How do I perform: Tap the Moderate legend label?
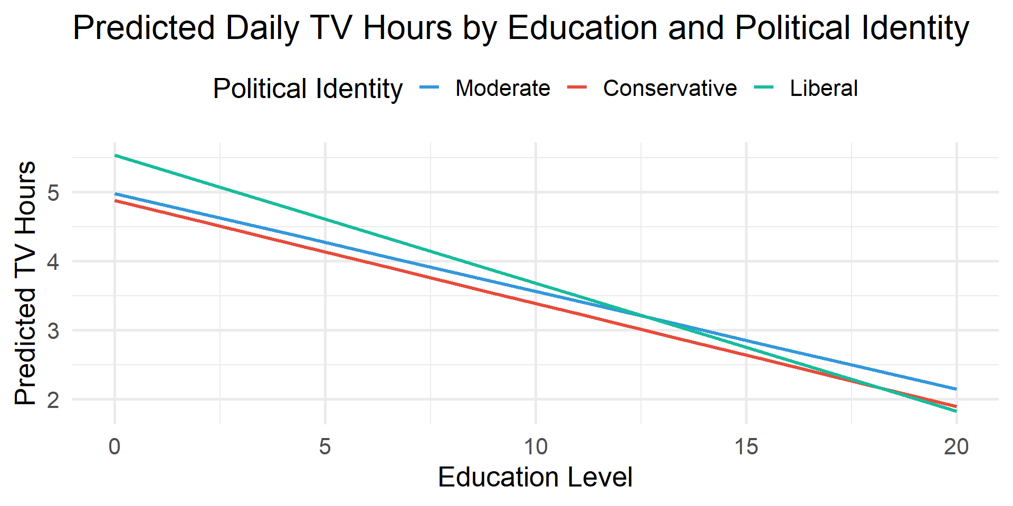coord(502,88)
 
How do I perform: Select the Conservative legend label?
coord(670,88)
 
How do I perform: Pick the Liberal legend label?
coord(824,88)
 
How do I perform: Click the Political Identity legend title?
coord(308,89)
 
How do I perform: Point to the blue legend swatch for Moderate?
coord(429,87)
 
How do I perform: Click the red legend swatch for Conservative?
coord(577,87)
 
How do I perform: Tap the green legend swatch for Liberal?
coord(764,87)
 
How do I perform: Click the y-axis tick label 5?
coord(53,193)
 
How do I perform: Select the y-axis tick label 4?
coord(53,262)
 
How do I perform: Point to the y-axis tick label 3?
coord(53,331)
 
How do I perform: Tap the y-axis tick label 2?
coord(53,400)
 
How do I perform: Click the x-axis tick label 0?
coord(114,447)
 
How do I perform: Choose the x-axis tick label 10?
coord(536,447)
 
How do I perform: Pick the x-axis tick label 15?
coord(746,447)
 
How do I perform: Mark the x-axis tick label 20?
coord(956,447)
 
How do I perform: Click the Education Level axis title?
coord(535,478)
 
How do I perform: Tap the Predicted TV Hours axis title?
coord(25,283)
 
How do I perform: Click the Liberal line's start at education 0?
coord(116,155)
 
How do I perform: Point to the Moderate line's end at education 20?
coord(955,389)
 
